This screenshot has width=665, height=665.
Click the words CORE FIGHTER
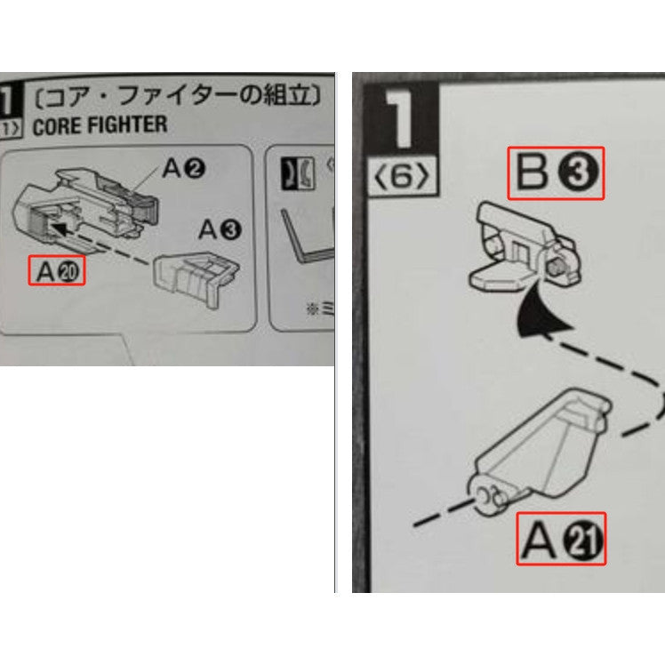point(99,125)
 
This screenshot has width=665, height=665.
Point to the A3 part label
point(219,230)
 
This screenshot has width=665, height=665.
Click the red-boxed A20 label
point(57,270)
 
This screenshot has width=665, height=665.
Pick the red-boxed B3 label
point(556,173)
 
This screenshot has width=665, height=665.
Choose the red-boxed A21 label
point(561,538)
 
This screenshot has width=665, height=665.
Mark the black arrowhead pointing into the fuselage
point(59,230)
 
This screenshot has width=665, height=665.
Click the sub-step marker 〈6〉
point(401,178)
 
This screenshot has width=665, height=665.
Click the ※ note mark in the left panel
point(311,308)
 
